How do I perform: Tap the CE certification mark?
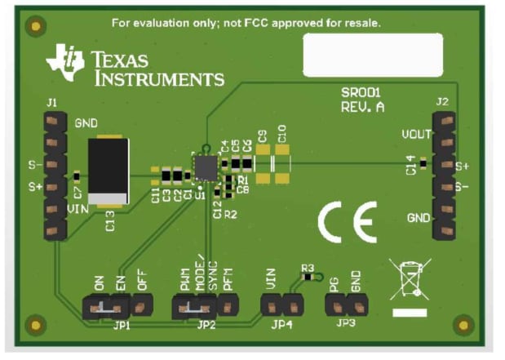click(x=347, y=220)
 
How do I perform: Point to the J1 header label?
click(x=52, y=103)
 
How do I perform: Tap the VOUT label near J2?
click(x=417, y=134)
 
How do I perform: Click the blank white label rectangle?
click(x=373, y=55)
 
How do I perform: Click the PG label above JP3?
click(x=334, y=284)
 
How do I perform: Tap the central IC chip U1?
click(x=205, y=167)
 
